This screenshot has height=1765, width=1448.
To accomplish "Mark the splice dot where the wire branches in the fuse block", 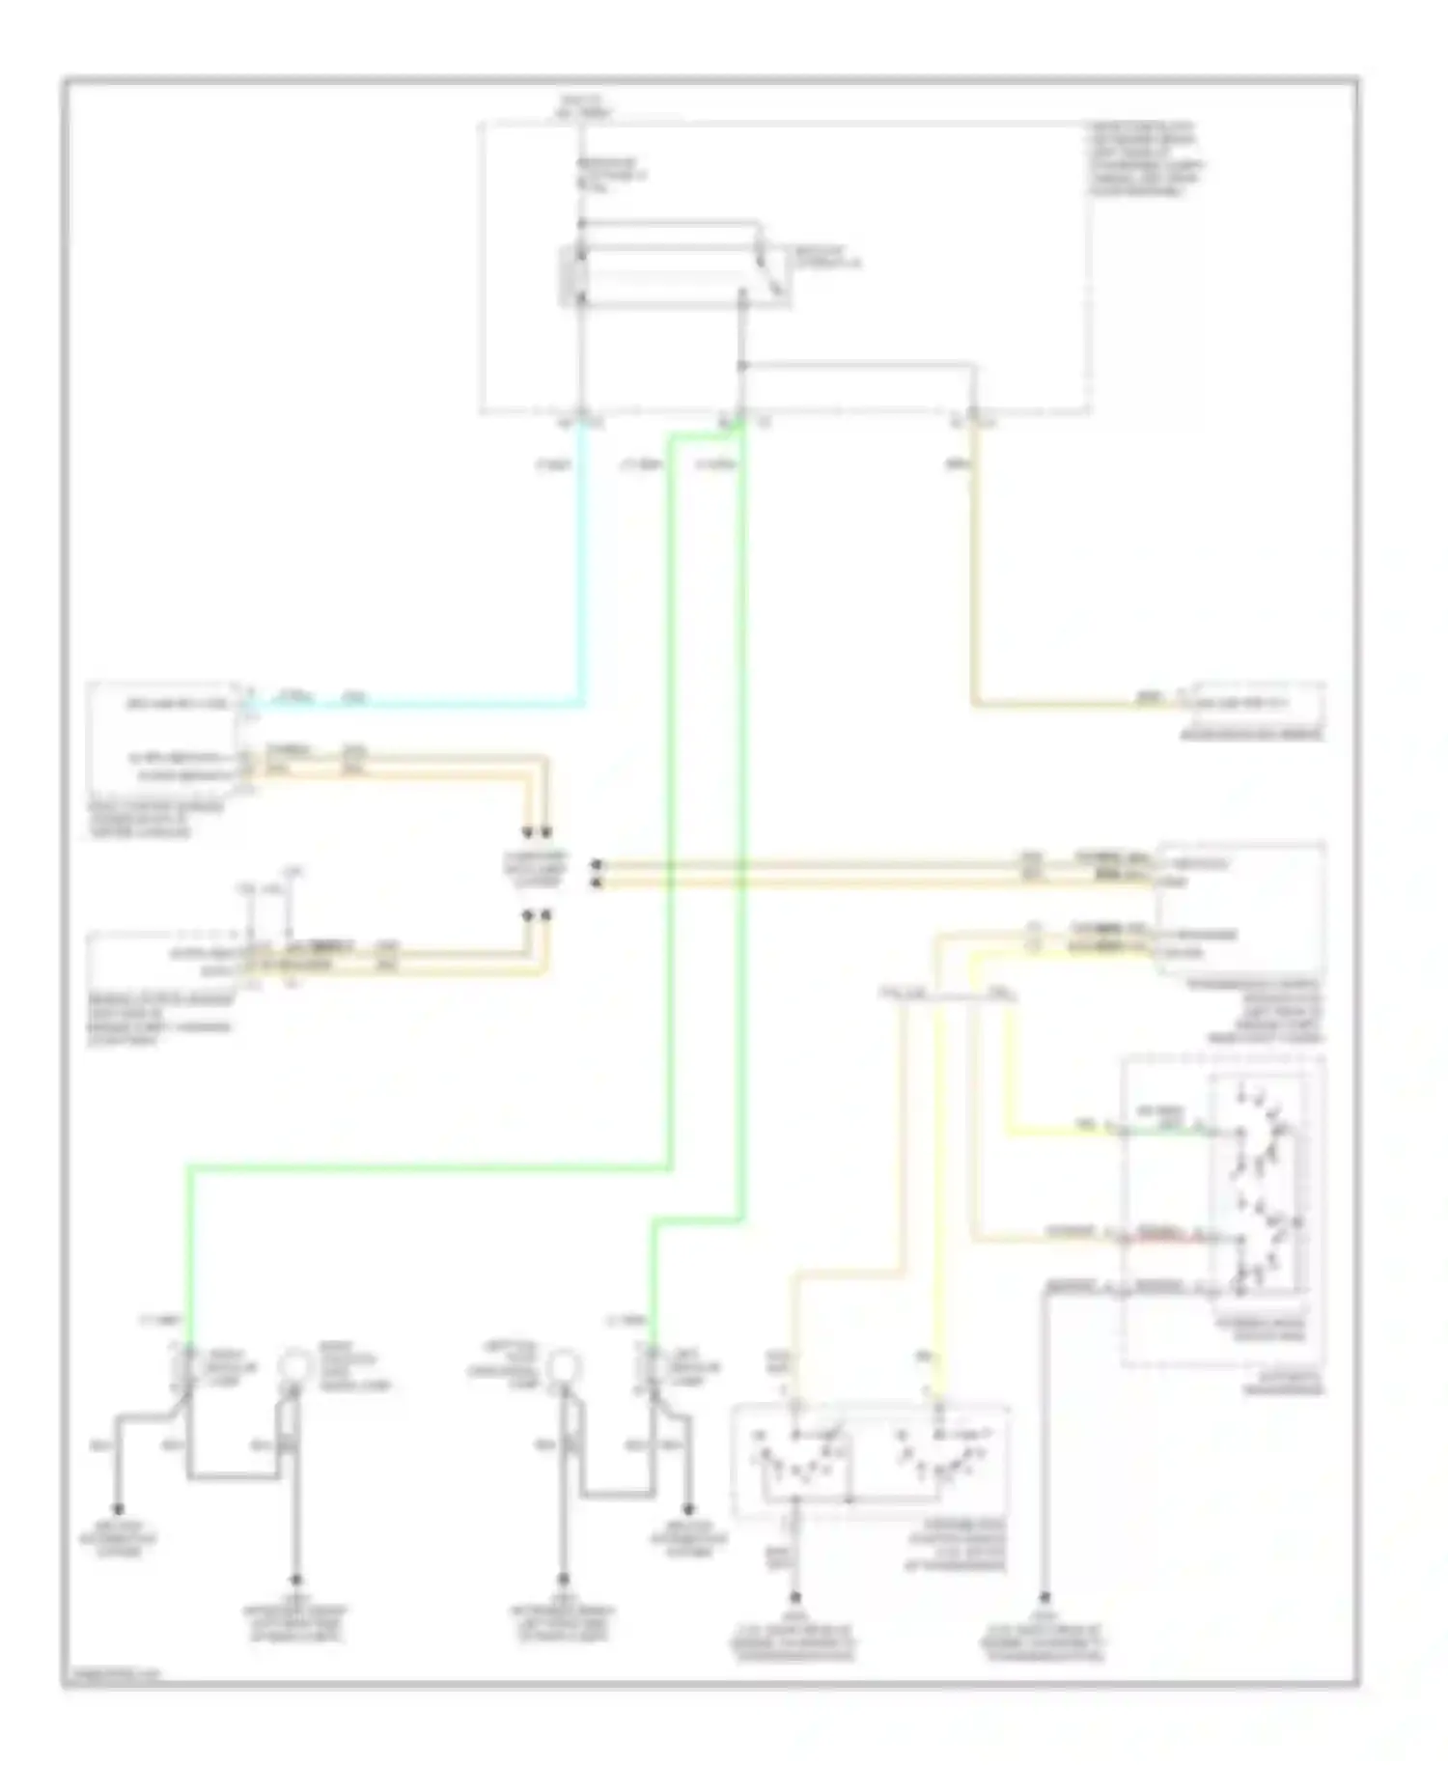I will tap(741, 366).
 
